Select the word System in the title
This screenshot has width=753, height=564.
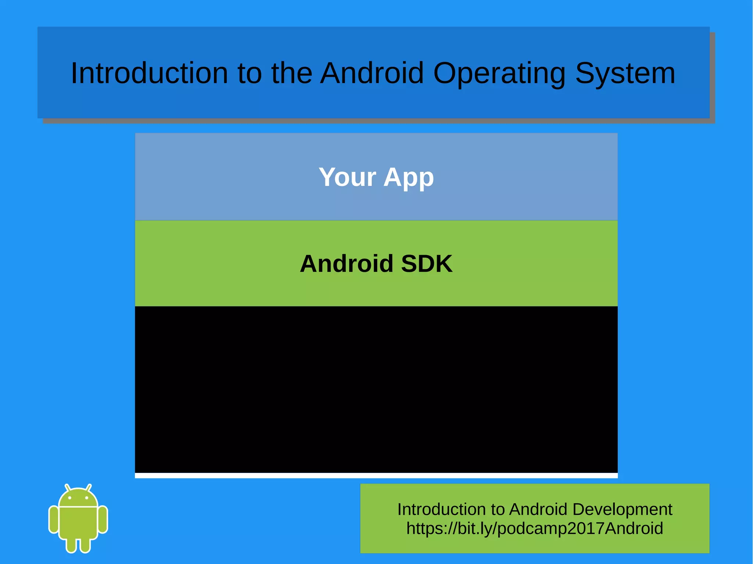(x=625, y=73)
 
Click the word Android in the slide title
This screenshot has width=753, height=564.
(x=372, y=73)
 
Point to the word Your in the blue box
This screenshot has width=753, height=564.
(x=347, y=177)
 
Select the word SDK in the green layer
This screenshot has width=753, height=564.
(x=427, y=263)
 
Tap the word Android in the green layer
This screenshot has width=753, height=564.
(x=347, y=263)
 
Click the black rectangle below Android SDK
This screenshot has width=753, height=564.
(x=376, y=389)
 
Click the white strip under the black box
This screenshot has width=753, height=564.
(x=376, y=475)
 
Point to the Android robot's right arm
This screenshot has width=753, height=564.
(x=103, y=519)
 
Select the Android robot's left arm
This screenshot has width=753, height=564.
(x=54, y=519)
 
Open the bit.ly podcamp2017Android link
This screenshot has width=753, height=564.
(x=535, y=528)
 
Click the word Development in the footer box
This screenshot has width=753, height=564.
(x=622, y=509)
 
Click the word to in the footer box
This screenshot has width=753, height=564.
(x=498, y=509)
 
